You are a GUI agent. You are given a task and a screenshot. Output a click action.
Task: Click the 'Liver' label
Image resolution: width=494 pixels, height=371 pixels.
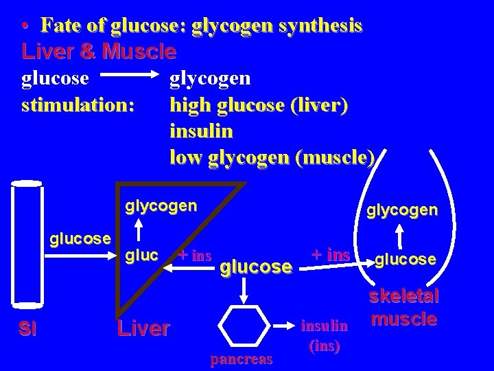click(143, 328)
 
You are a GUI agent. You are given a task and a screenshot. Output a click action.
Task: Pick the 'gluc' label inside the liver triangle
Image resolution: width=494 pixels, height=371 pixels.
click(143, 256)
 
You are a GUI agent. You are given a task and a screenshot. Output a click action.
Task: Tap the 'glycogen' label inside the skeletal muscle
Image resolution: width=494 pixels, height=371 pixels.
click(401, 210)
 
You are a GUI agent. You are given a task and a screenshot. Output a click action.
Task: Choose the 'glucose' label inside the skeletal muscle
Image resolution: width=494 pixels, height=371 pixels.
click(405, 258)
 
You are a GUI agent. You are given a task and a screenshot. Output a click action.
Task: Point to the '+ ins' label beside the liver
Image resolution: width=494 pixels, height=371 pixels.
click(195, 256)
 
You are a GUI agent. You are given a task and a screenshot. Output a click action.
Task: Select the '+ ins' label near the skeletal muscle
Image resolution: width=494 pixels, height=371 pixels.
click(331, 255)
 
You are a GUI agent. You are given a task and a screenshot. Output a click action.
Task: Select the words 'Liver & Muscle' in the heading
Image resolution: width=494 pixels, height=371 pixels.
click(99, 52)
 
